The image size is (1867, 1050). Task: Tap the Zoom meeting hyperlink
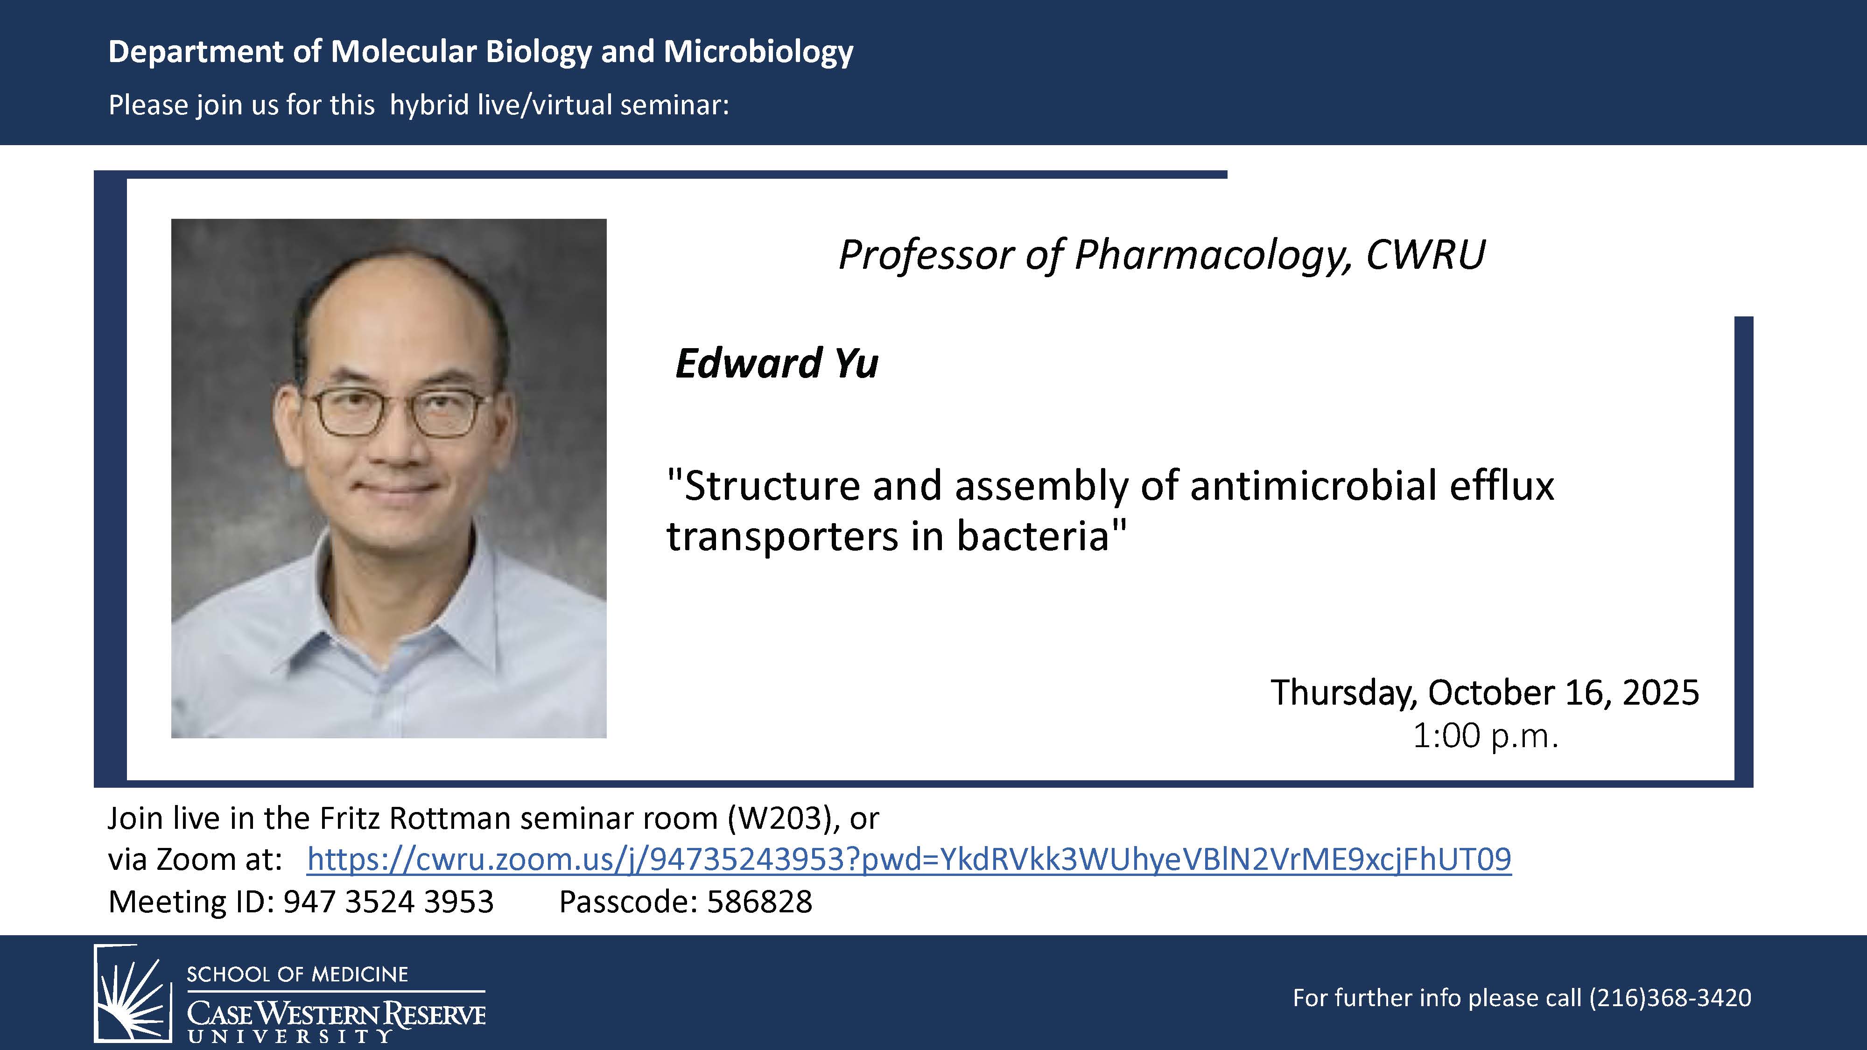click(x=909, y=860)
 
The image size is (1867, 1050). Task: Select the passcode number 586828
click(x=759, y=902)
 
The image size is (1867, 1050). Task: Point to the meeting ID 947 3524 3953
click(x=388, y=902)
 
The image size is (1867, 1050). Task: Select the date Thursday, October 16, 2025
click(x=1484, y=693)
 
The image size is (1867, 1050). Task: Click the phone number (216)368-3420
click(x=1670, y=998)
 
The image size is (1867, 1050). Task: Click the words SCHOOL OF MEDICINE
click(x=298, y=974)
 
